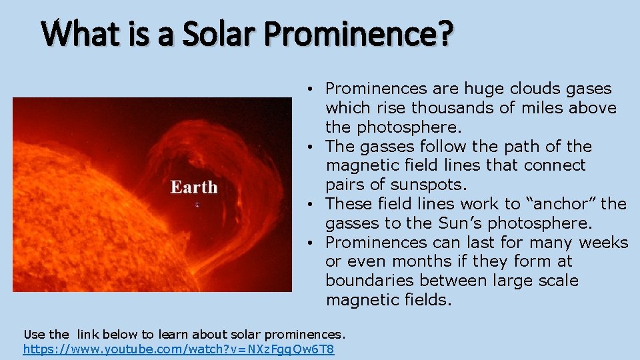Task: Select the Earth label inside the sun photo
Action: click(x=194, y=187)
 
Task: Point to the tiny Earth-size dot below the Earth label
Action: click(x=197, y=205)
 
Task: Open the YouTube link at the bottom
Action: click(x=179, y=349)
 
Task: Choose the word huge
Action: click(x=485, y=89)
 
